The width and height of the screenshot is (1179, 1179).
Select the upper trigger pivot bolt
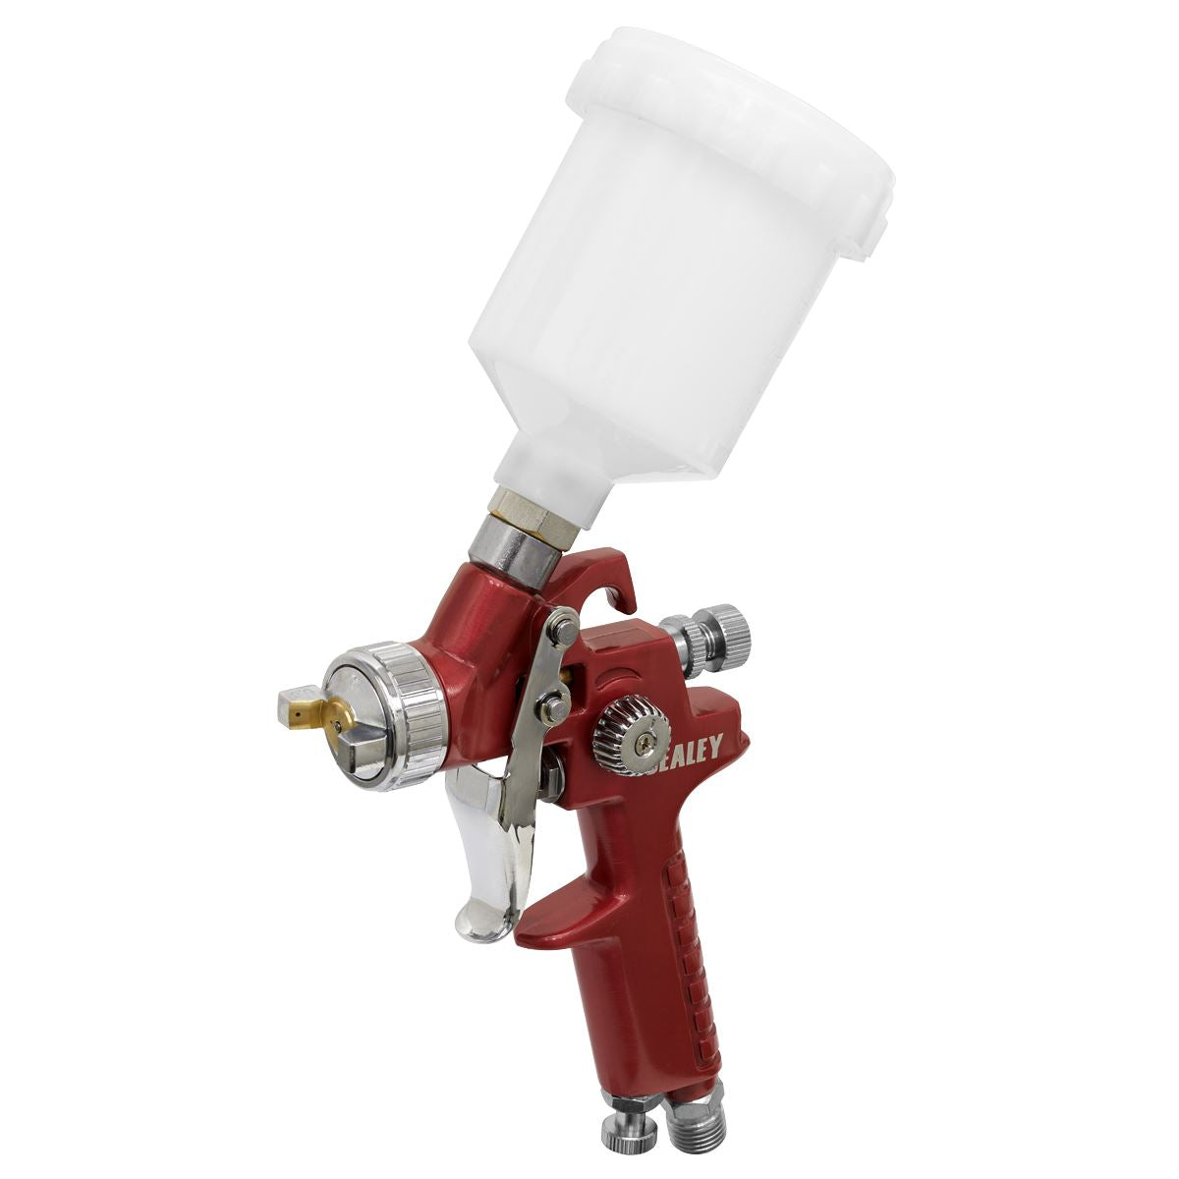[563, 626]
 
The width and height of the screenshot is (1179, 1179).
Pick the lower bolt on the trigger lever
[554, 703]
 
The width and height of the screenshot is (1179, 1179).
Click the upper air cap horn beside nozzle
[294, 699]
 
